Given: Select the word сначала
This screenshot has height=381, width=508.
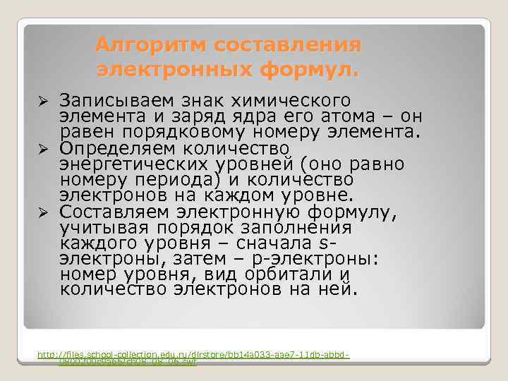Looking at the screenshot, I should (276, 243).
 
